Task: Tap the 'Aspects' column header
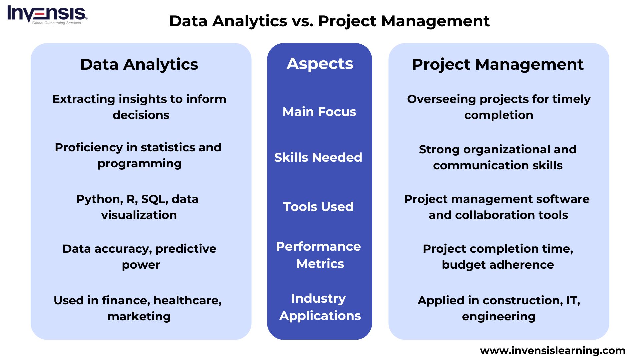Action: click(x=320, y=64)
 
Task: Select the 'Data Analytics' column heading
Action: click(x=139, y=64)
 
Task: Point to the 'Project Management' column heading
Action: click(x=498, y=64)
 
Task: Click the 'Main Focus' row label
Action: click(x=319, y=112)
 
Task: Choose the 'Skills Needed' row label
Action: click(x=318, y=157)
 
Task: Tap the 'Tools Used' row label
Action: click(x=318, y=207)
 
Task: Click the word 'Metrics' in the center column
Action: click(x=320, y=264)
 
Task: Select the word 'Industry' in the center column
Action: click(x=318, y=298)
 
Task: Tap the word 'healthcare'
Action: click(x=187, y=301)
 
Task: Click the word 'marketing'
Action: click(x=139, y=316)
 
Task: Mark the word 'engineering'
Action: click(x=499, y=317)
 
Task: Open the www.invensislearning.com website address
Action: click(x=553, y=351)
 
